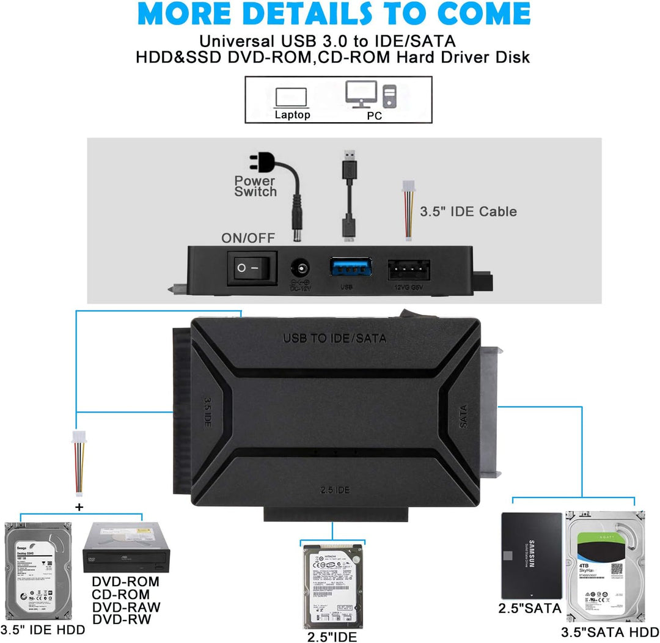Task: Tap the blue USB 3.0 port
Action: point(351,268)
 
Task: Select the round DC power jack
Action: point(301,269)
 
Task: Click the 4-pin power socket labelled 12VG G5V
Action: point(408,268)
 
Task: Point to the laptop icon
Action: point(291,97)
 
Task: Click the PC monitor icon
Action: point(362,94)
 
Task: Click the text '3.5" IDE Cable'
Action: point(468,211)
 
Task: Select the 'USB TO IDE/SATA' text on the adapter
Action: point(334,337)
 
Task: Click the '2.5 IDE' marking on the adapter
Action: point(335,490)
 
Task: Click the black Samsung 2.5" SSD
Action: point(530,555)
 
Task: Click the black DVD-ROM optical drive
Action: point(127,549)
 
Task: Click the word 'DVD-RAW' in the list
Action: point(126,607)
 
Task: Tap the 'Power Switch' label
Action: point(255,186)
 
